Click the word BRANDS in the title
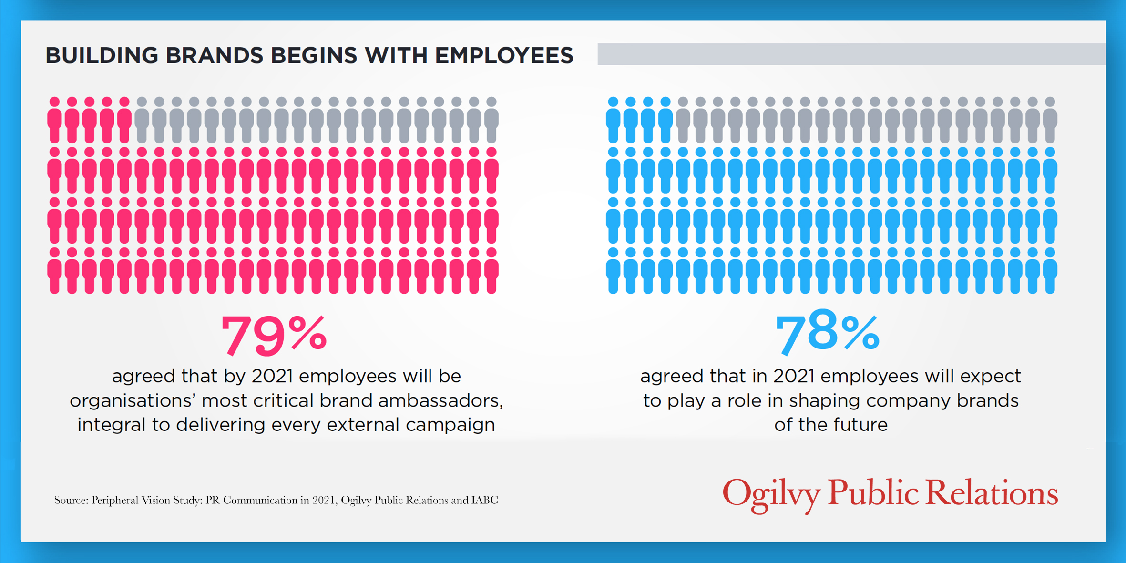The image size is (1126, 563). [215, 55]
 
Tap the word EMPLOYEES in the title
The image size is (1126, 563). [504, 55]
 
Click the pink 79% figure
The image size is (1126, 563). [274, 335]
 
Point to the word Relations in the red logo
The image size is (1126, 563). [992, 492]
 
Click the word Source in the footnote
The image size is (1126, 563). [71, 500]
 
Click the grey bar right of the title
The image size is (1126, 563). [851, 54]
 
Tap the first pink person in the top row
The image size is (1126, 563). [55, 120]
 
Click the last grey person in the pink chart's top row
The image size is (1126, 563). [491, 120]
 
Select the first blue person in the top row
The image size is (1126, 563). [613, 120]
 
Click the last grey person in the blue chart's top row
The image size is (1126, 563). [1050, 120]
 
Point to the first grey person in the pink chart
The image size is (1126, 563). [142, 120]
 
